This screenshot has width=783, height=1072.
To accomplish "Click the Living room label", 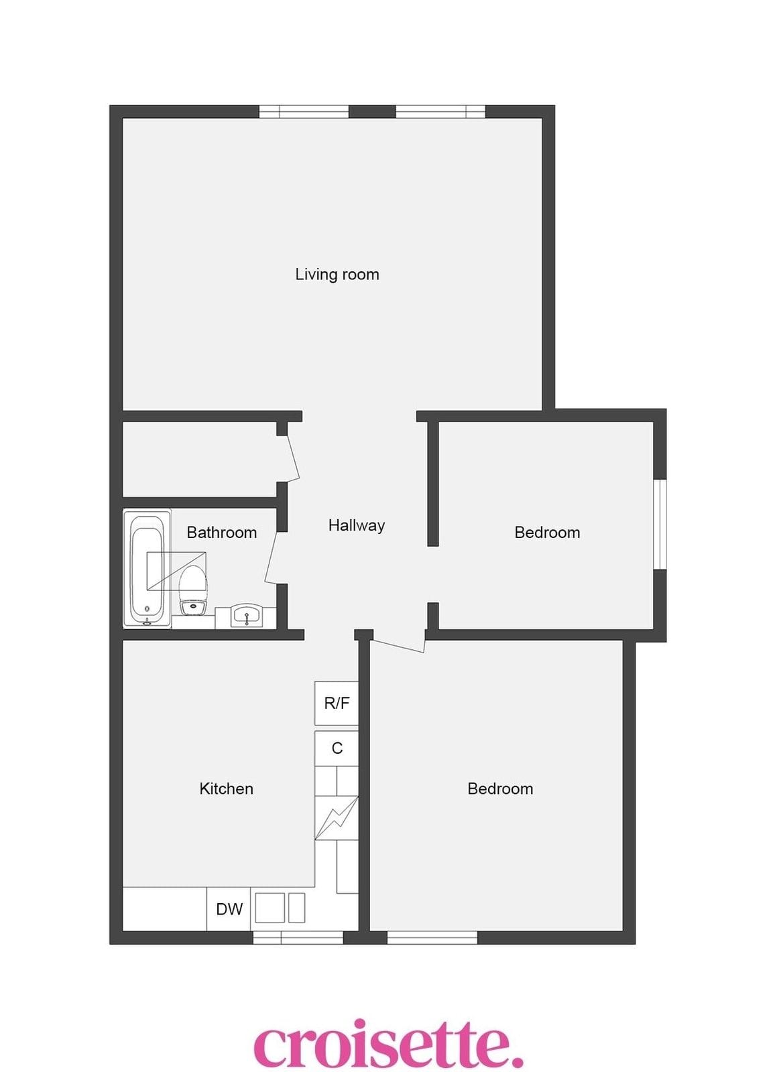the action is [x=337, y=275].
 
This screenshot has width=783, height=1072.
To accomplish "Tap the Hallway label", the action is [x=356, y=525].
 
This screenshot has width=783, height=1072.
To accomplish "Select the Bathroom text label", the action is [x=221, y=533].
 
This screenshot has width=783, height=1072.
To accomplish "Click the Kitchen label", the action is [x=226, y=789].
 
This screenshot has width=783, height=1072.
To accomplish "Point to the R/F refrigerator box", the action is [x=336, y=703].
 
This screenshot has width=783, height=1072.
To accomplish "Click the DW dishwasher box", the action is [x=229, y=909].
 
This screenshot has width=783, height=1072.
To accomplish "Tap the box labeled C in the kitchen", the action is [x=336, y=748].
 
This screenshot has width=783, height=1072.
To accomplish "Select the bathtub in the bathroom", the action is [x=147, y=569].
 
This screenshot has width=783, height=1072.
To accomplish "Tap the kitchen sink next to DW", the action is [x=280, y=908].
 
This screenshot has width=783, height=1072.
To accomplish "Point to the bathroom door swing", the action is [x=271, y=557].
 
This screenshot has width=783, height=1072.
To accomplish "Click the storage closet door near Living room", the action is [x=293, y=458].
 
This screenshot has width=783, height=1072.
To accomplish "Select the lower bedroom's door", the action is [x=398, y=645].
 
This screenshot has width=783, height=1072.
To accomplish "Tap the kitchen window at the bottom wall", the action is [x=298, y=937].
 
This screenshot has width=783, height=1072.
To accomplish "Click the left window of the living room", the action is [x=304, y=111].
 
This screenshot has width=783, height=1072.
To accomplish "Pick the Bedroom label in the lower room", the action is [x=500, y=789].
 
